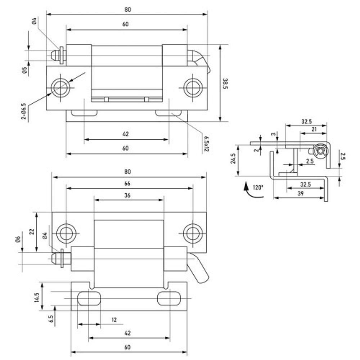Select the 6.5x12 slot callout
(206, 144)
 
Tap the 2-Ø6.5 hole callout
(24, 111)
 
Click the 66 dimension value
(127, 184)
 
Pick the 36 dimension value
(127, 195)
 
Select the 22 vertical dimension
(31, 232)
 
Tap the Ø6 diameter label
(19, 238)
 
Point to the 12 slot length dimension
(114, 320)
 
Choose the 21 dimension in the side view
(314, 129)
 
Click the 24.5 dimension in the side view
(233, 159)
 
